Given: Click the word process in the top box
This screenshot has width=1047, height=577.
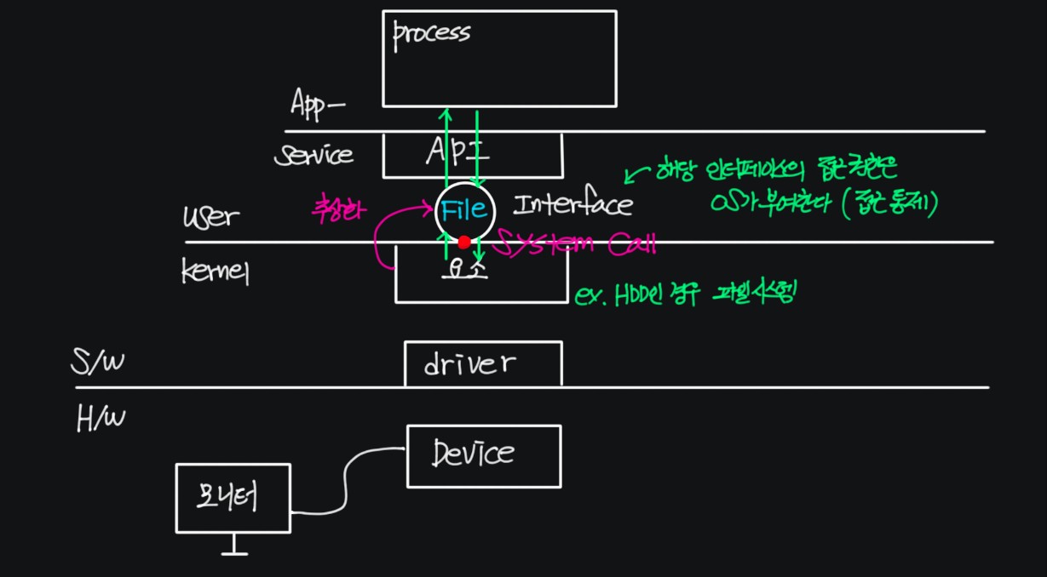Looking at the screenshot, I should (431, 34).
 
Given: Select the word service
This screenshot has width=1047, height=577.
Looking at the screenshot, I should (313, 155).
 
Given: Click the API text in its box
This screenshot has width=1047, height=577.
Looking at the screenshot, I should (458, 153).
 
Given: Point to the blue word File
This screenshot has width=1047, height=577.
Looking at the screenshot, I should (464, 209).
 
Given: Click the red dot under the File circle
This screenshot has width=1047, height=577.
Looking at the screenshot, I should (464, 242).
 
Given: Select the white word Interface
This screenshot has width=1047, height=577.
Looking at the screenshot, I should (572, 205).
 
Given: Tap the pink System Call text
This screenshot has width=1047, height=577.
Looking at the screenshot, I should (577, 244).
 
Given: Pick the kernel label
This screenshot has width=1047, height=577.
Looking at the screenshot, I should (215, 271).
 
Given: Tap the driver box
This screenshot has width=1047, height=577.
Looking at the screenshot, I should (482, 364).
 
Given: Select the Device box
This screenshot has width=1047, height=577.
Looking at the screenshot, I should (483, 455).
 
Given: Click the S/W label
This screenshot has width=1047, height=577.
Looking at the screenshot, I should (95, 364).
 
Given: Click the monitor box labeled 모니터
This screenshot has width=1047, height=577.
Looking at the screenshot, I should (233, 498).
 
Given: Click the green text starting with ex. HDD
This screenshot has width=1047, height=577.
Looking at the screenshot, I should (686, 294).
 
